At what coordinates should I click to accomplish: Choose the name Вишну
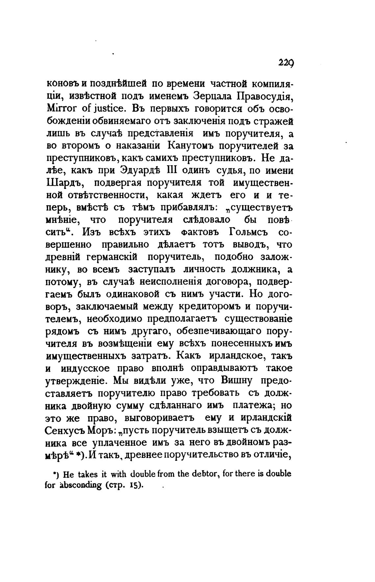point(232,380)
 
